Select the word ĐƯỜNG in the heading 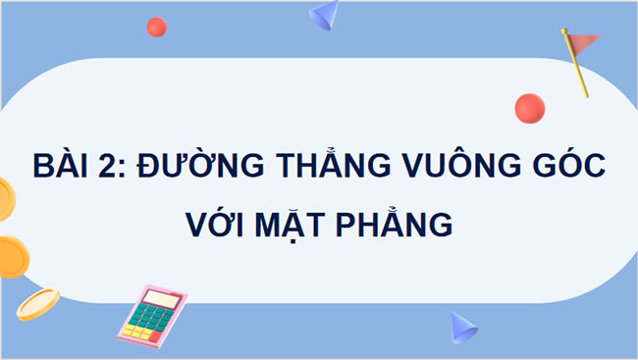click(193, 165)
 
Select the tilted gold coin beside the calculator click(37, 303)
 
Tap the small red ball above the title click(156, 27)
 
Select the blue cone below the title click(461, 326)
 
